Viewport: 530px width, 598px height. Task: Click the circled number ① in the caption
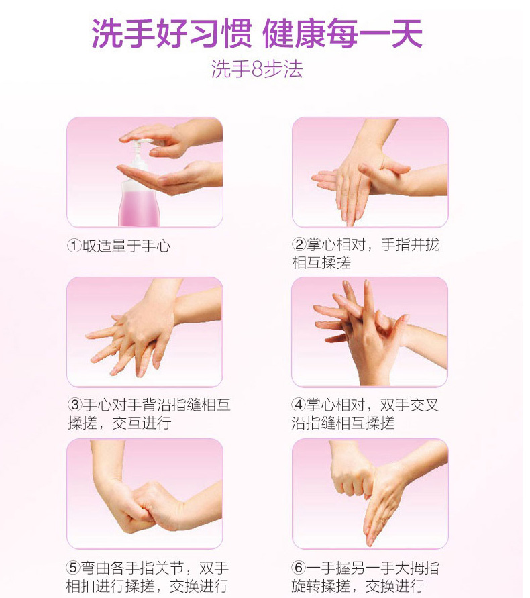click(x=74, y=246)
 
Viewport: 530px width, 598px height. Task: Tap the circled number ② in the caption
click(x=299, y=245)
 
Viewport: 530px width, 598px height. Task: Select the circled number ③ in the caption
click(x=74, y=405)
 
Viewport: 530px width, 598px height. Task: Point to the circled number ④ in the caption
click(x=299, y=405)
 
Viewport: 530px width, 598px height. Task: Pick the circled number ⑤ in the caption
click(x=74, y=568)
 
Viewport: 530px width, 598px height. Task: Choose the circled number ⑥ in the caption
click(x=299, y=568)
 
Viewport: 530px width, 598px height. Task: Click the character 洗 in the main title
click(x=107, y=34)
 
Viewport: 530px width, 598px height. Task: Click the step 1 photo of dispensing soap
click(x=145, y=172)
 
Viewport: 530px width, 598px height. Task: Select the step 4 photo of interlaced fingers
click(x=370, y=332)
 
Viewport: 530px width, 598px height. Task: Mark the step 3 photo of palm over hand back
click(x=145, y=332)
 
